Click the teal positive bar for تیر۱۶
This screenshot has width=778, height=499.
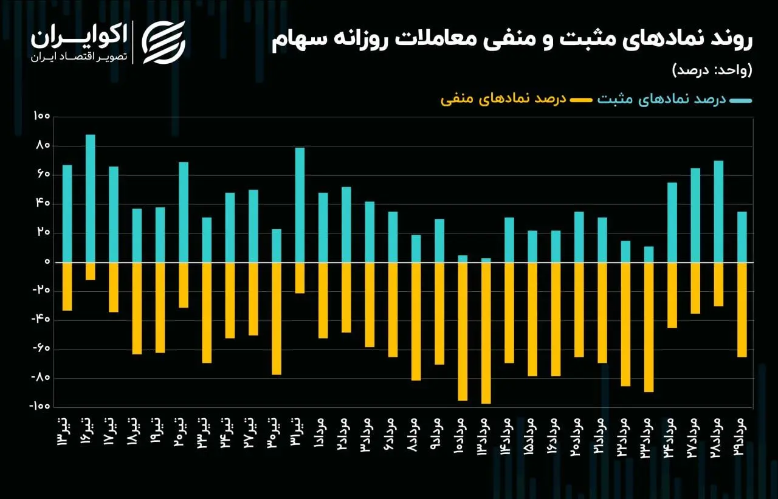pos(90,198)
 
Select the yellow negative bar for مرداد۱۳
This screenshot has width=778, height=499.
pos(486,333)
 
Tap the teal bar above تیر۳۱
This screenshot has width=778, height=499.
pos(300,205)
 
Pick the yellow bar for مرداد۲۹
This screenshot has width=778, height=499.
pos(741,309)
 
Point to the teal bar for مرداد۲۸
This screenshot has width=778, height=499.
pos(718,212)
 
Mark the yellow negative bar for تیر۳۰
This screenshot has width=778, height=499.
pos(277,318)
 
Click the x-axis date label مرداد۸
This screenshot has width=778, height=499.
pos(415,432)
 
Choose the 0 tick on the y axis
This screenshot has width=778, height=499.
pos(46,263)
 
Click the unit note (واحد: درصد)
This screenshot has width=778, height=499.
pos(712,69)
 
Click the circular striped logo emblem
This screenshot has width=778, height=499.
pos(164,42)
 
